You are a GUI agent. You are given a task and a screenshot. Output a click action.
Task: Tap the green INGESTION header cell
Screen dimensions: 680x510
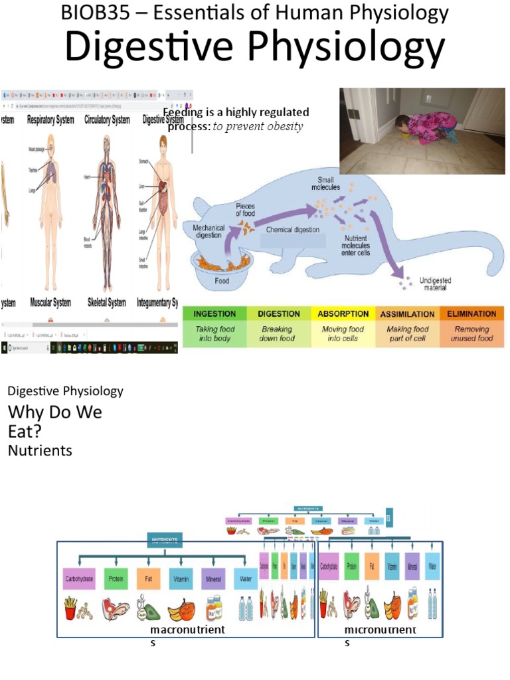tap(214, 313)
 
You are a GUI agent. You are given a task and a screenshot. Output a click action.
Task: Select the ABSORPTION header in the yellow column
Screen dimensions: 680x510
tap(343, 313)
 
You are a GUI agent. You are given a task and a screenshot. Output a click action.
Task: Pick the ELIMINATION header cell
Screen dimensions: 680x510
tap(471, 313)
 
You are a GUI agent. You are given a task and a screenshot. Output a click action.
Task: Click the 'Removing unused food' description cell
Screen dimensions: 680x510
tap(471, 333)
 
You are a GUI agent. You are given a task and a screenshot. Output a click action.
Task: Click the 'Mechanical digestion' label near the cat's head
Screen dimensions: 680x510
tap(209, 231)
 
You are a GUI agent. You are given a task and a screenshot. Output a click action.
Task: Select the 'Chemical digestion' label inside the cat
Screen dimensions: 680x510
tap(292, 230)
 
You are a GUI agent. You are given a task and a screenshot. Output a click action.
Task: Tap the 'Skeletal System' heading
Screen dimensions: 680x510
tap(106, 303)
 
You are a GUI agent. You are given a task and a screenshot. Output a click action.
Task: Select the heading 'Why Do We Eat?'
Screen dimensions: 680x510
tap(55, 421)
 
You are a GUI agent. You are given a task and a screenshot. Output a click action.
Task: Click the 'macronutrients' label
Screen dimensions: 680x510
tap(188, 630)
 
